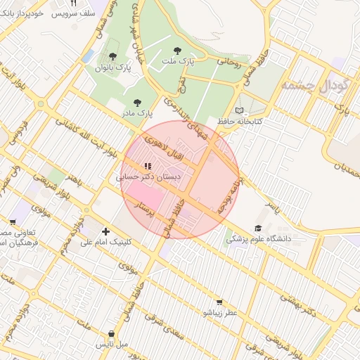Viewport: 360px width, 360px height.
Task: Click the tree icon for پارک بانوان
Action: (112, 56)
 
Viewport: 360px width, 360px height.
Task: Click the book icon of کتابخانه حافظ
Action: (240, 111)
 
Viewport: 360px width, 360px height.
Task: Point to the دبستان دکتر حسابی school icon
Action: (147, 167)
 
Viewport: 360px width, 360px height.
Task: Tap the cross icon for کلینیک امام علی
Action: (106, 231)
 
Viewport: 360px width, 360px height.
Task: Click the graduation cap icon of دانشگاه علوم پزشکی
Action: (258, 229)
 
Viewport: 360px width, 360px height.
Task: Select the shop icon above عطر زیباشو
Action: (220, 301)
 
